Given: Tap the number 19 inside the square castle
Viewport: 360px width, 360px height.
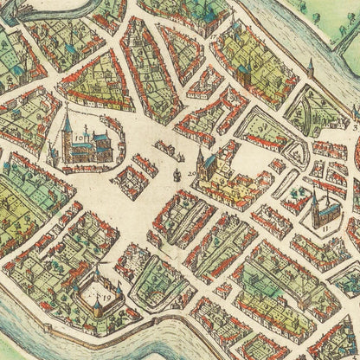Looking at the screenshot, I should point(107,297).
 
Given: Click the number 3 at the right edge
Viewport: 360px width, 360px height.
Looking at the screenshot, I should point(354,127).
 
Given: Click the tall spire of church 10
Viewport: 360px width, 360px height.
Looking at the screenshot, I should point(66,121).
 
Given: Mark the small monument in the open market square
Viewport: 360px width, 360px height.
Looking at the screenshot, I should point(176,175).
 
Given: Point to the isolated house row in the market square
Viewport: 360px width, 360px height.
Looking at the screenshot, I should point(130,182).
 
